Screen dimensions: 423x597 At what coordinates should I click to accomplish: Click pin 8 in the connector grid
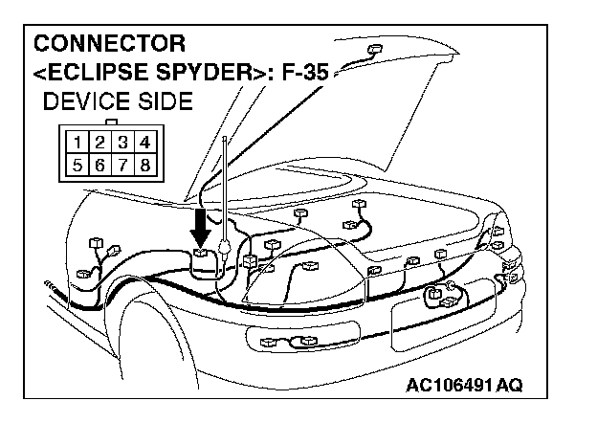(143, 165)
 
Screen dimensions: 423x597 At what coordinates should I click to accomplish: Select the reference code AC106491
(451, 386)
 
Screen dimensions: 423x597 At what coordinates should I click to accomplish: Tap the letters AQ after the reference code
(509, 386)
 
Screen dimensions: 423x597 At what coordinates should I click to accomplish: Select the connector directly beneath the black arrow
(202, 256)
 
